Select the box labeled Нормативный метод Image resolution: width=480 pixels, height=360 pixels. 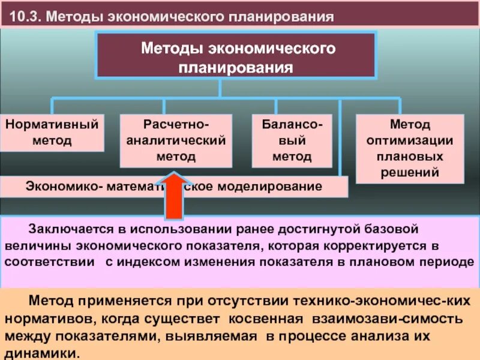click(x=52, y=133)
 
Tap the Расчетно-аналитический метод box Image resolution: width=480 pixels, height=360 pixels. click(x=176, y=141)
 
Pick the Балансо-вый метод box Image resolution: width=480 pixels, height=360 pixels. click(x=292, y=141)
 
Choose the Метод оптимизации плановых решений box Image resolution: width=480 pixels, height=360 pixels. click(x=410, y=149)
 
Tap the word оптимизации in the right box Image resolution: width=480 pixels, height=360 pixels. click(x=410, y=141)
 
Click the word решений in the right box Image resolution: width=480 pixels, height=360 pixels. click(x=410, y=172)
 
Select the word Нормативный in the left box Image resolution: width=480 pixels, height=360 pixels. click(x=52, y=125)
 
